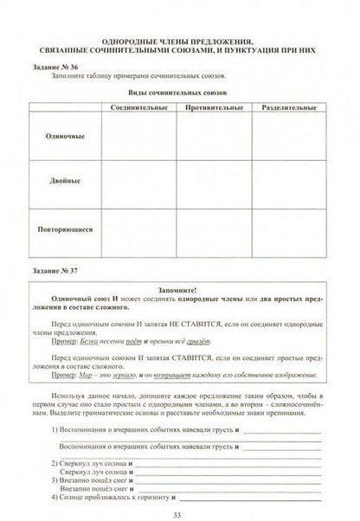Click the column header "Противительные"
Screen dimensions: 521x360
click(212, 105)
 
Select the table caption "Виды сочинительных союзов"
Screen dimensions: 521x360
click(179, 90)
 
